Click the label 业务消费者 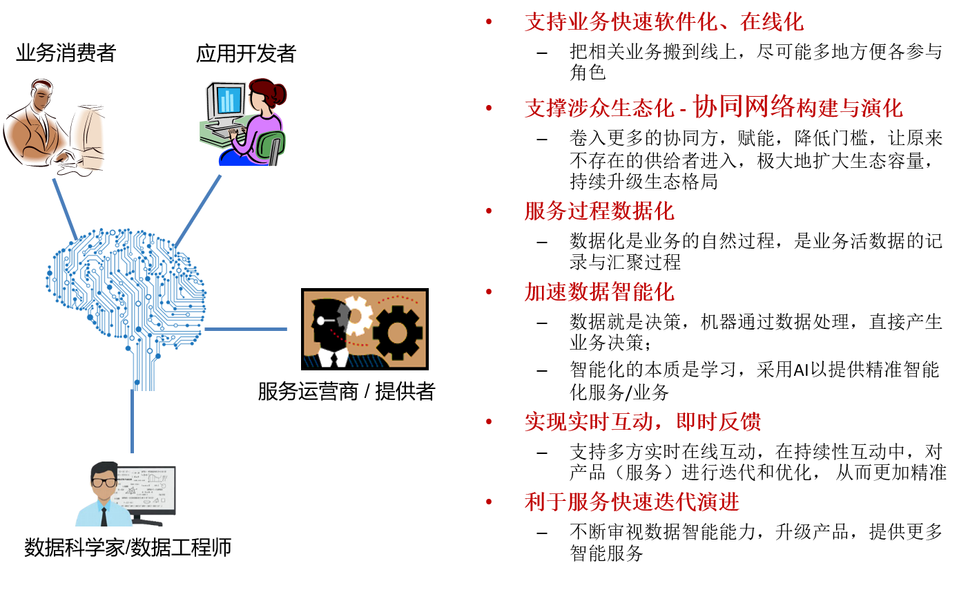[x=66, y=53]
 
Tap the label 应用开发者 [x=246, y=54]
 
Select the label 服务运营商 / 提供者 [x=346, y=391]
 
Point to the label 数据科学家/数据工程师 [x=128, y=547]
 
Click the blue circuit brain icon [x=126, y=303]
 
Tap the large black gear [x=398, y=332]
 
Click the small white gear [x=357, y=316]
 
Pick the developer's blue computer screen [x=228, y=100]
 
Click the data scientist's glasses [x=104, y=482]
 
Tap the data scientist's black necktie [x=104, y=517]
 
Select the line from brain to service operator [x=246, y=329]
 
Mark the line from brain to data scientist [x=133, y=421]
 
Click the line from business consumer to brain [x=65, y=209]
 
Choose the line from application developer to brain [x=198, y=211]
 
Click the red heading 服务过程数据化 [x=599, y=211]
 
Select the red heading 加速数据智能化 [x=599, y=292]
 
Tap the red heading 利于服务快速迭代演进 [x=632, y=502]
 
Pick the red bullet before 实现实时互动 [x=489, y=421]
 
